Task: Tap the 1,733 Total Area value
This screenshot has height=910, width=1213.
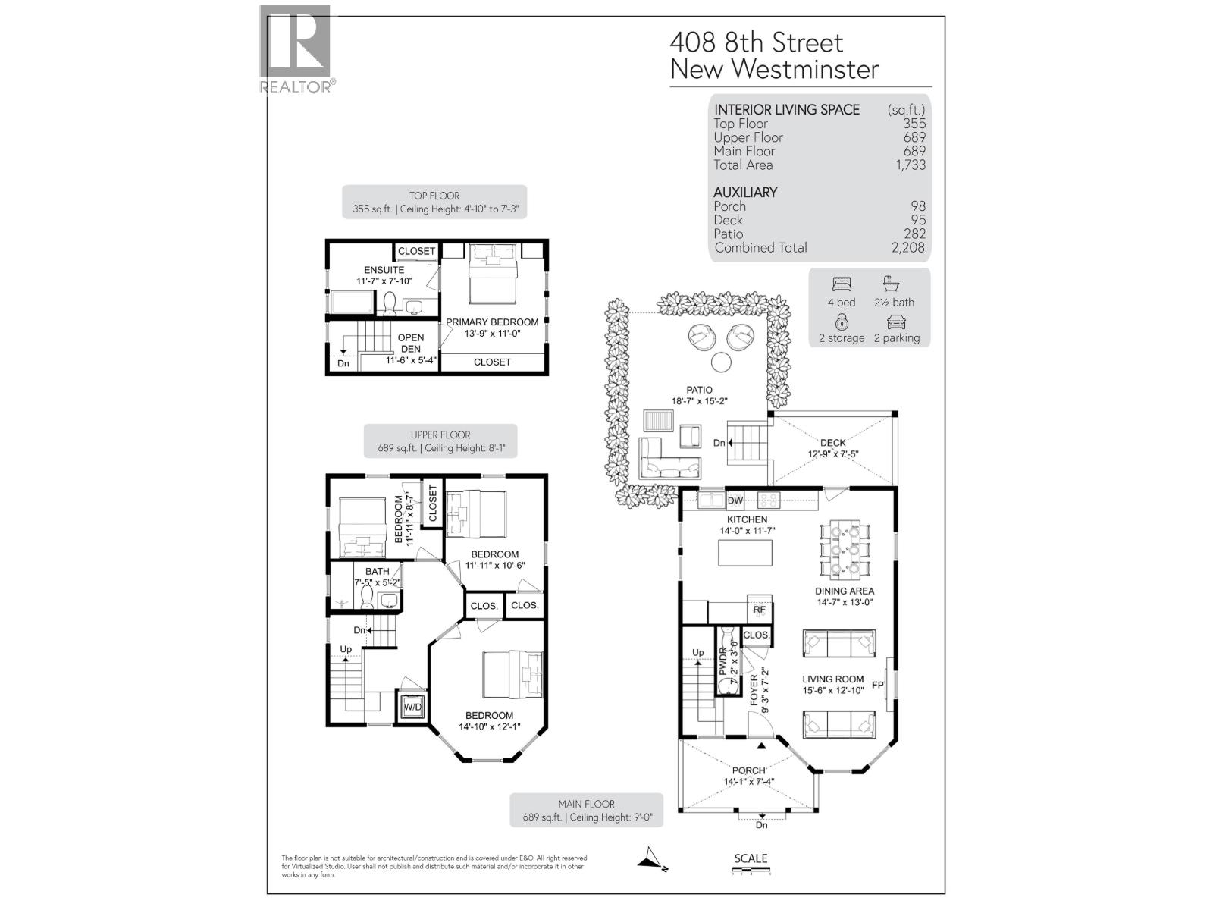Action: pos(909,165)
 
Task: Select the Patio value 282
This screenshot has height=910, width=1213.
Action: pos(914,234)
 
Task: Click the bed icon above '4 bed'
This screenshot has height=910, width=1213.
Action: pos(842,284)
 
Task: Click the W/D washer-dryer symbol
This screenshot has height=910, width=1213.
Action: pos(412,707)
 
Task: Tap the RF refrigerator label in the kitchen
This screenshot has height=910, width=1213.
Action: pos(759,610)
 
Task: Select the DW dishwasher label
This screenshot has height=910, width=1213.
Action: pos(735,501)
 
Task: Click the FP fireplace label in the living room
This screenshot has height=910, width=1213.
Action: pos(878,686)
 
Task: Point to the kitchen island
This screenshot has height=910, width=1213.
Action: pos(745,554)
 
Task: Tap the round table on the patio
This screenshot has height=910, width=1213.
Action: pos(721,362)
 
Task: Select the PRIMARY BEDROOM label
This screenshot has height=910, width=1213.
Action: pos(492,322)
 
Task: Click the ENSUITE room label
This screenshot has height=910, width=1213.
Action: pos(384,270)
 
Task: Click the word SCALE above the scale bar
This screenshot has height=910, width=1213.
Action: pos(751,858)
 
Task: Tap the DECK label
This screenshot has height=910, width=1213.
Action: pos(832,443)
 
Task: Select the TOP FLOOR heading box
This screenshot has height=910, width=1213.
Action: pos(434,202)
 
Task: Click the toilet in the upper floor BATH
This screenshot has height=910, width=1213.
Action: pos(367,600)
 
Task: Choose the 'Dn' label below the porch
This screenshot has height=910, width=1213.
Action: pos(762,825)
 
